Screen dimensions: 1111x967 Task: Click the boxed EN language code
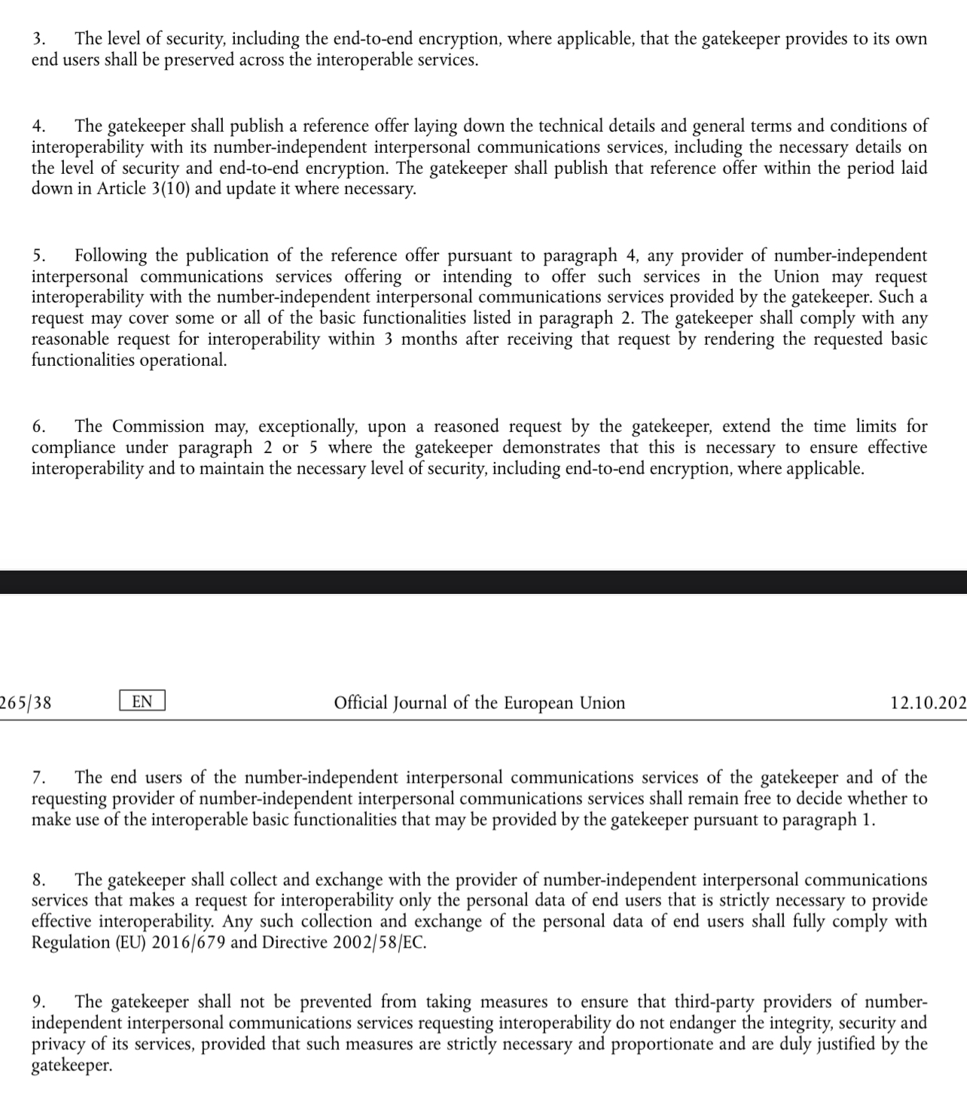pyautogui.click(x=142, y=702)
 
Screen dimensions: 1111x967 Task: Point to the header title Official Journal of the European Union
pyautogui.click(x=479, y=703)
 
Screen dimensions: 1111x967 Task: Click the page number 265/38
pyautogui.click(x=26, y=703)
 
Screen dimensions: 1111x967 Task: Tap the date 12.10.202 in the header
pyautogui.click(x=927, y=703)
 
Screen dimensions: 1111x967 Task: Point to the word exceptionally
pyautogui.click(x=307, y=427)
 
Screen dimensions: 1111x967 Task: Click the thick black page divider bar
pyautogui.click(x=483, y=582)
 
